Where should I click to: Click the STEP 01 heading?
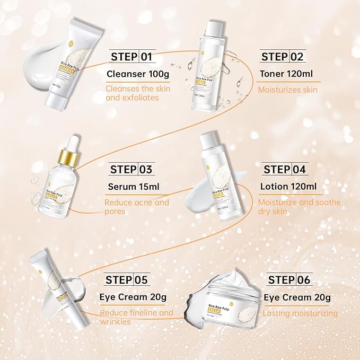point(131,57)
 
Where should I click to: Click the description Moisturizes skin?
point(287,90)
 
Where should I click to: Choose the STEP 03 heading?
point(131,170)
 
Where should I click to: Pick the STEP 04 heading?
point(284,170)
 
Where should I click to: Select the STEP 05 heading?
point(127,280)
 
